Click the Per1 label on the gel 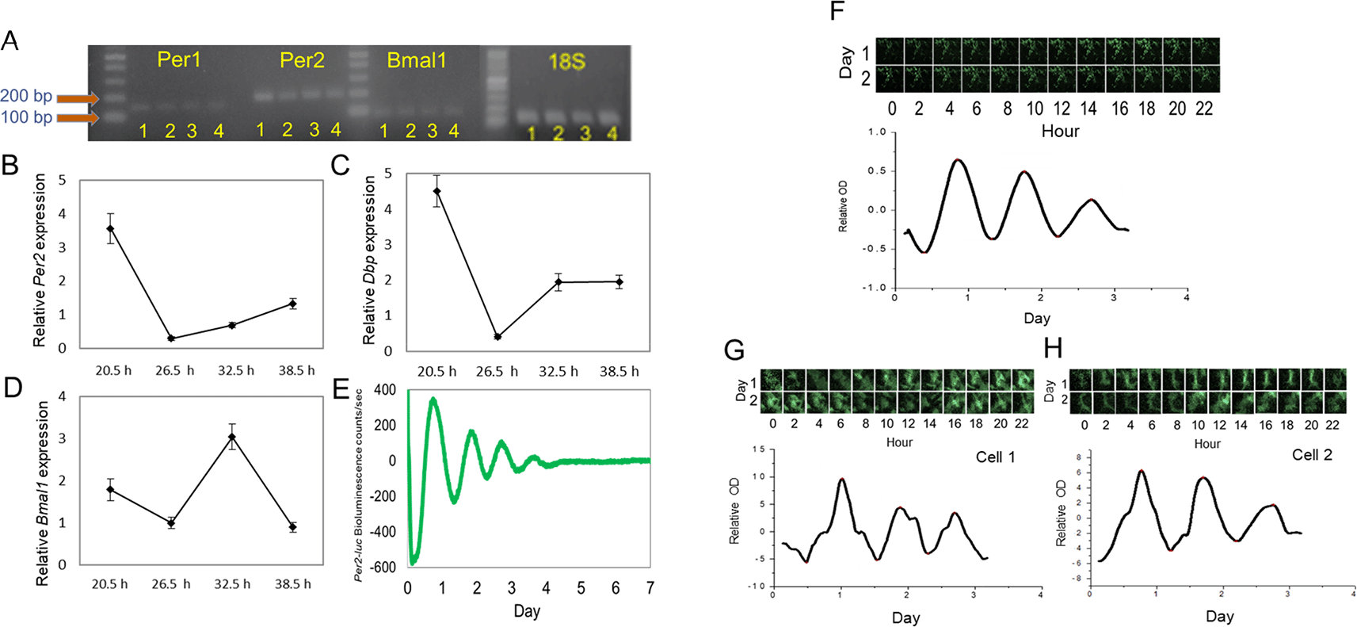point(179,59)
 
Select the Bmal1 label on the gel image point(417,60)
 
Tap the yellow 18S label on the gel point(566,62)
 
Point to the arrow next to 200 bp point(78,98)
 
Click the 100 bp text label point(26,117)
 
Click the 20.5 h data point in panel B point(110,229)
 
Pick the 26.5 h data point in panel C point(497,337)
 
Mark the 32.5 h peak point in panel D point(232,437)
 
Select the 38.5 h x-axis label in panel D point(293,584)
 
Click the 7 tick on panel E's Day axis point(650,588)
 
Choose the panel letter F point(837,12)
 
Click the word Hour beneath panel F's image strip point(1060,131)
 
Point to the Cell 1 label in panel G point(995,457)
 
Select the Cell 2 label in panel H point(1312,455)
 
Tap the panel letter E point(341,389)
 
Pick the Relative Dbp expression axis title point(369,260)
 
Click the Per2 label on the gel point(302,60)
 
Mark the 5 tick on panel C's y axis point(388,174)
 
